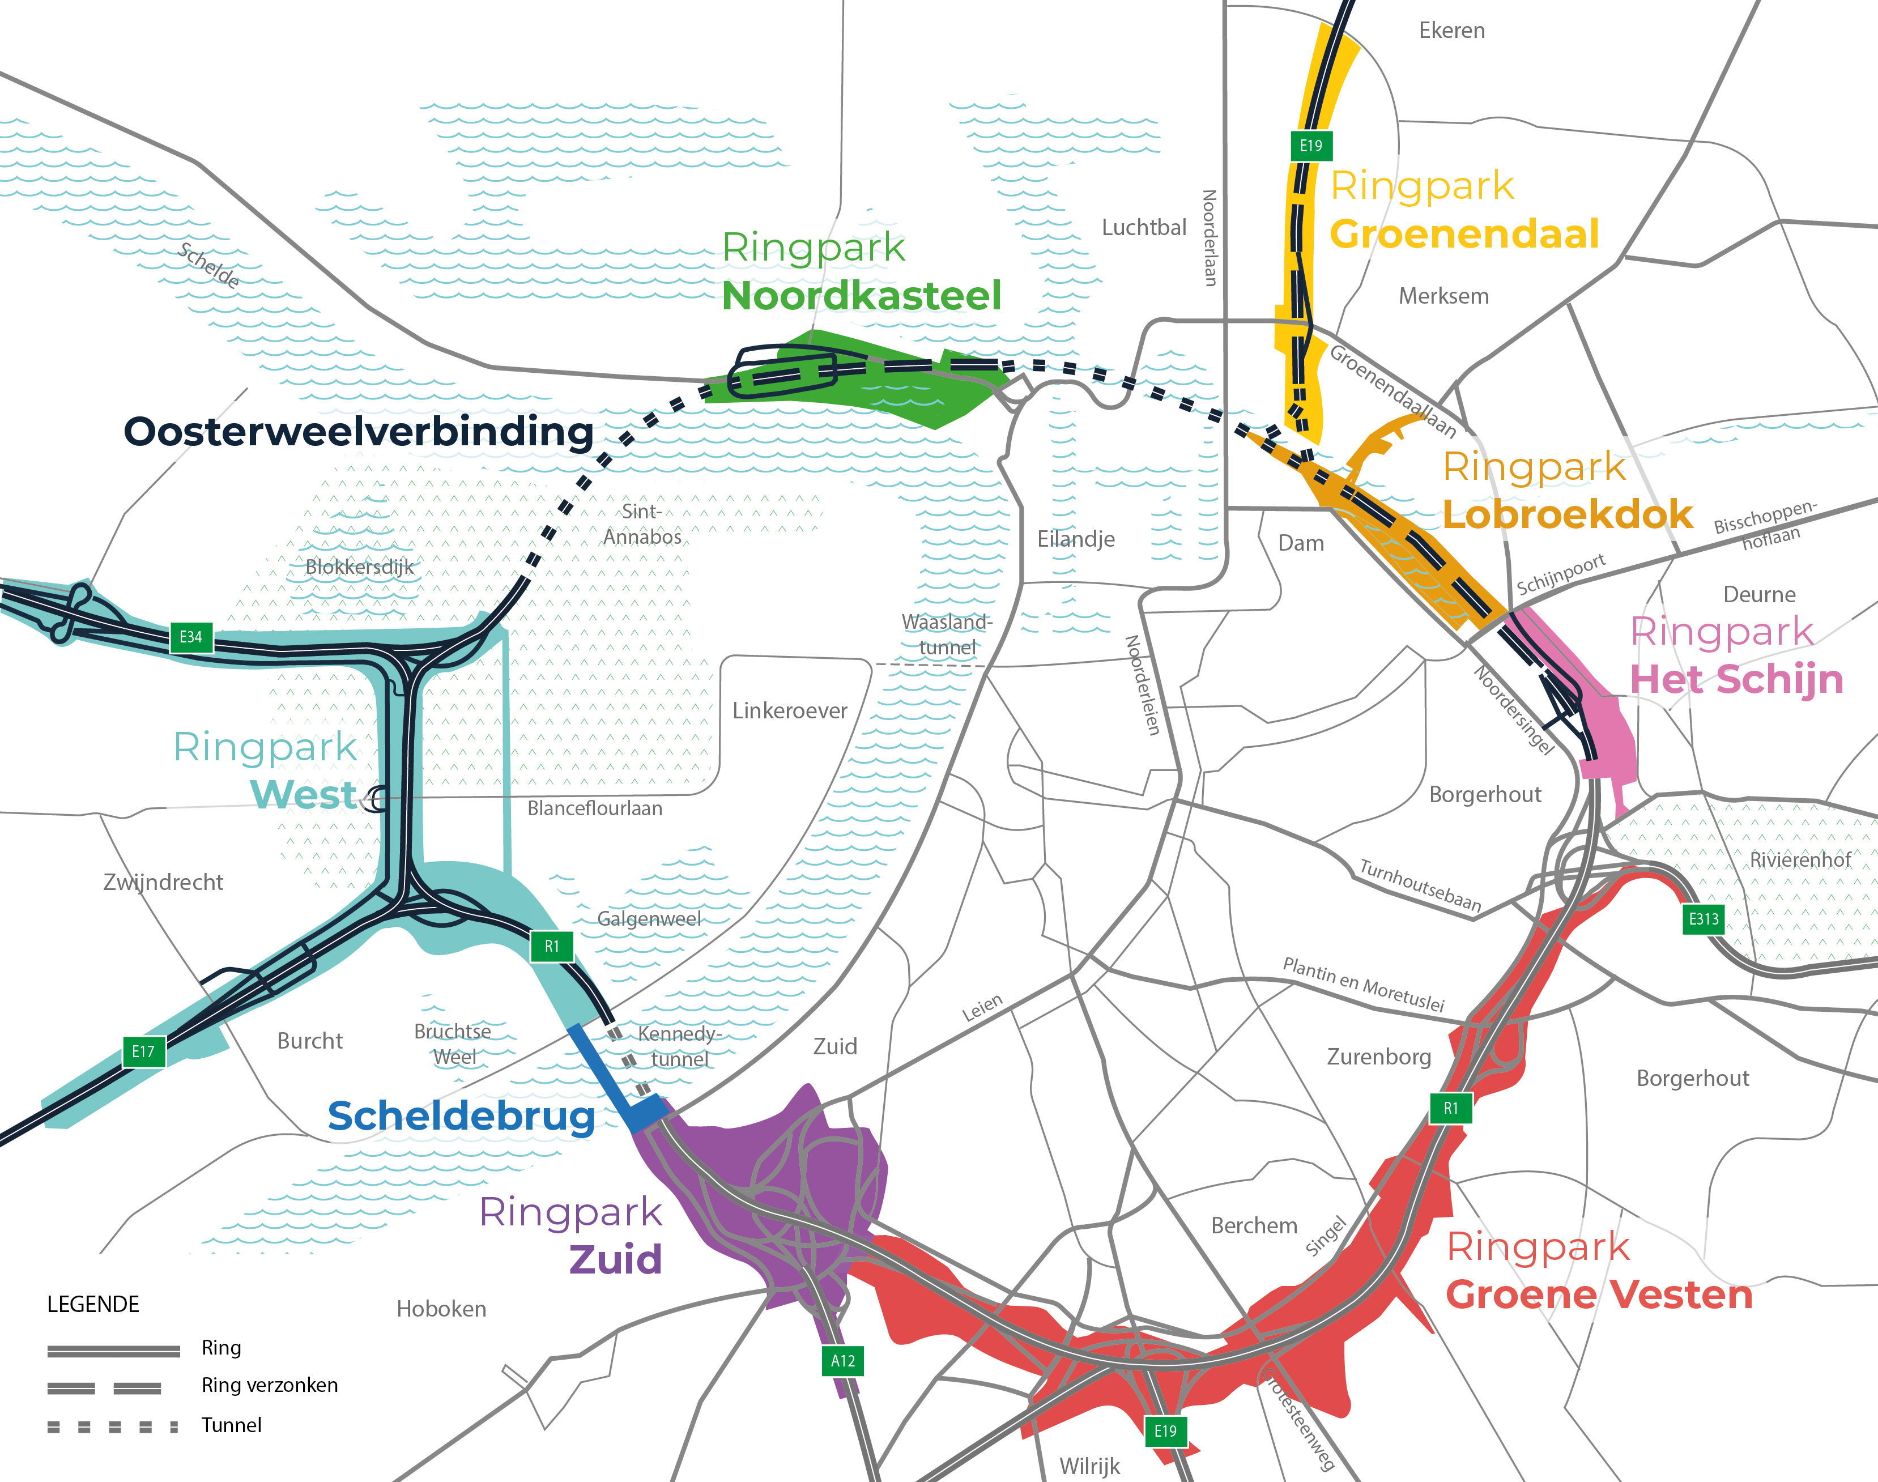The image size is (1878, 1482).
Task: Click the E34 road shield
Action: coord(191,637)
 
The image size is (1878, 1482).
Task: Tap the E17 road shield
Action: coord(143,1051)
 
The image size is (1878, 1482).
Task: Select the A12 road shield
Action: coord(842,1361)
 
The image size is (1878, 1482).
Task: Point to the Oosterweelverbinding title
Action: coord(358,431)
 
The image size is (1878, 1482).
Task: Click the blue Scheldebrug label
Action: coord(461,1117)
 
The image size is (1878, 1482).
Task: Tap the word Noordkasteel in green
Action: coord(861,296)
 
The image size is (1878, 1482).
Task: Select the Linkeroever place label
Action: coord(789,710)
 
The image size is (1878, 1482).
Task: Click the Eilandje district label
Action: coord(1076,539)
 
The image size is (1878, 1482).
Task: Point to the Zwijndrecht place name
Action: coord(163,883)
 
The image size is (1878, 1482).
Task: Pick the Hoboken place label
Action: coord(441,1309)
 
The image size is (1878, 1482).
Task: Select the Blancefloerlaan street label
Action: coord(594,808)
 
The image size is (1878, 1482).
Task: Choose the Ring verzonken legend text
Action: coord(269,1385)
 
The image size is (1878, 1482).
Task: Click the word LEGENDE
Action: coord(93,1304)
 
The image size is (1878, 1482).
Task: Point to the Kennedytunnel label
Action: coord(679,1046)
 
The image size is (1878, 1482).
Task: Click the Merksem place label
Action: coord(1443,296)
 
